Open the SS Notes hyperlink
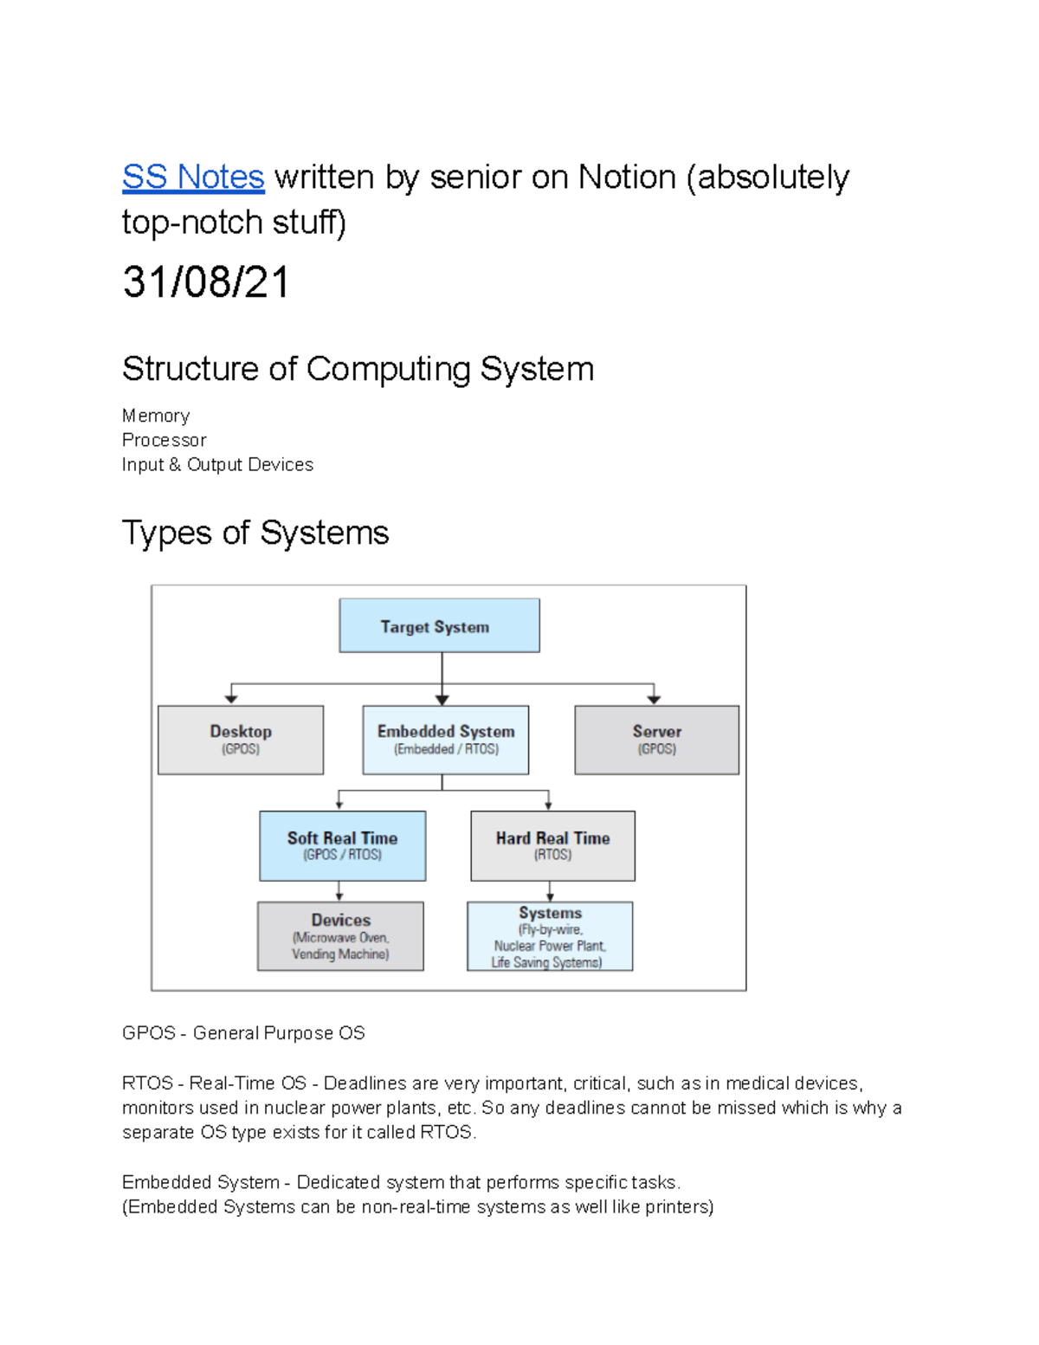(192, 178)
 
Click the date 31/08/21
(205, 282)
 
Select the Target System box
(439, 626)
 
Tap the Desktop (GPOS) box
(241, 740)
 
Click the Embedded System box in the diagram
(446, 740)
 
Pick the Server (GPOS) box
(656, 740)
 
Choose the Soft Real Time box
(342, 845)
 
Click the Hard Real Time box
(552, 845)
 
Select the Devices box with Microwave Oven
(340, 936)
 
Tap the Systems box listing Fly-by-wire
(550, 936)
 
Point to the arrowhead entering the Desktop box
(231, 698)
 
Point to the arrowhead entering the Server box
(654, 698)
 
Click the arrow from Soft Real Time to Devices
(339, 891)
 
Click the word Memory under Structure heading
(156, 417)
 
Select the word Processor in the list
(165, 441)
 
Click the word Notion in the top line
(627, 178)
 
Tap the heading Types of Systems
(255, 533)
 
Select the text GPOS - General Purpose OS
(243, 1033)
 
